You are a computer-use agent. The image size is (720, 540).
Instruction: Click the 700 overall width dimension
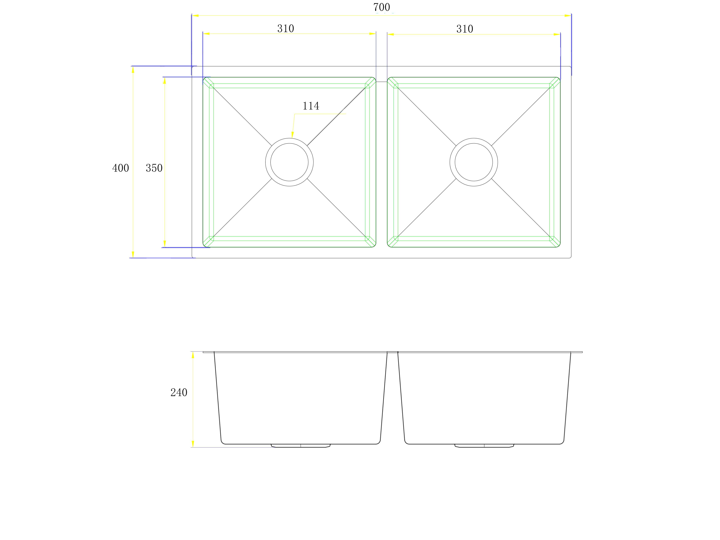381,7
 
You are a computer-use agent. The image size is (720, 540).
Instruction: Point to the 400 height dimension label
120,168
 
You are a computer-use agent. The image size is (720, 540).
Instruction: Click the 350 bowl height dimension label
154,168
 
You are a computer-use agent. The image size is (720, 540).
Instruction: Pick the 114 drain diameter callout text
311,106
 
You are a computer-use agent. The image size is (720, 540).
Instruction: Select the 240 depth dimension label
179,393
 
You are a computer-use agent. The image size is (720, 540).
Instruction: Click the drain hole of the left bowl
289,162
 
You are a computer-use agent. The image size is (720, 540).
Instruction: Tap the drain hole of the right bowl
474,162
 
